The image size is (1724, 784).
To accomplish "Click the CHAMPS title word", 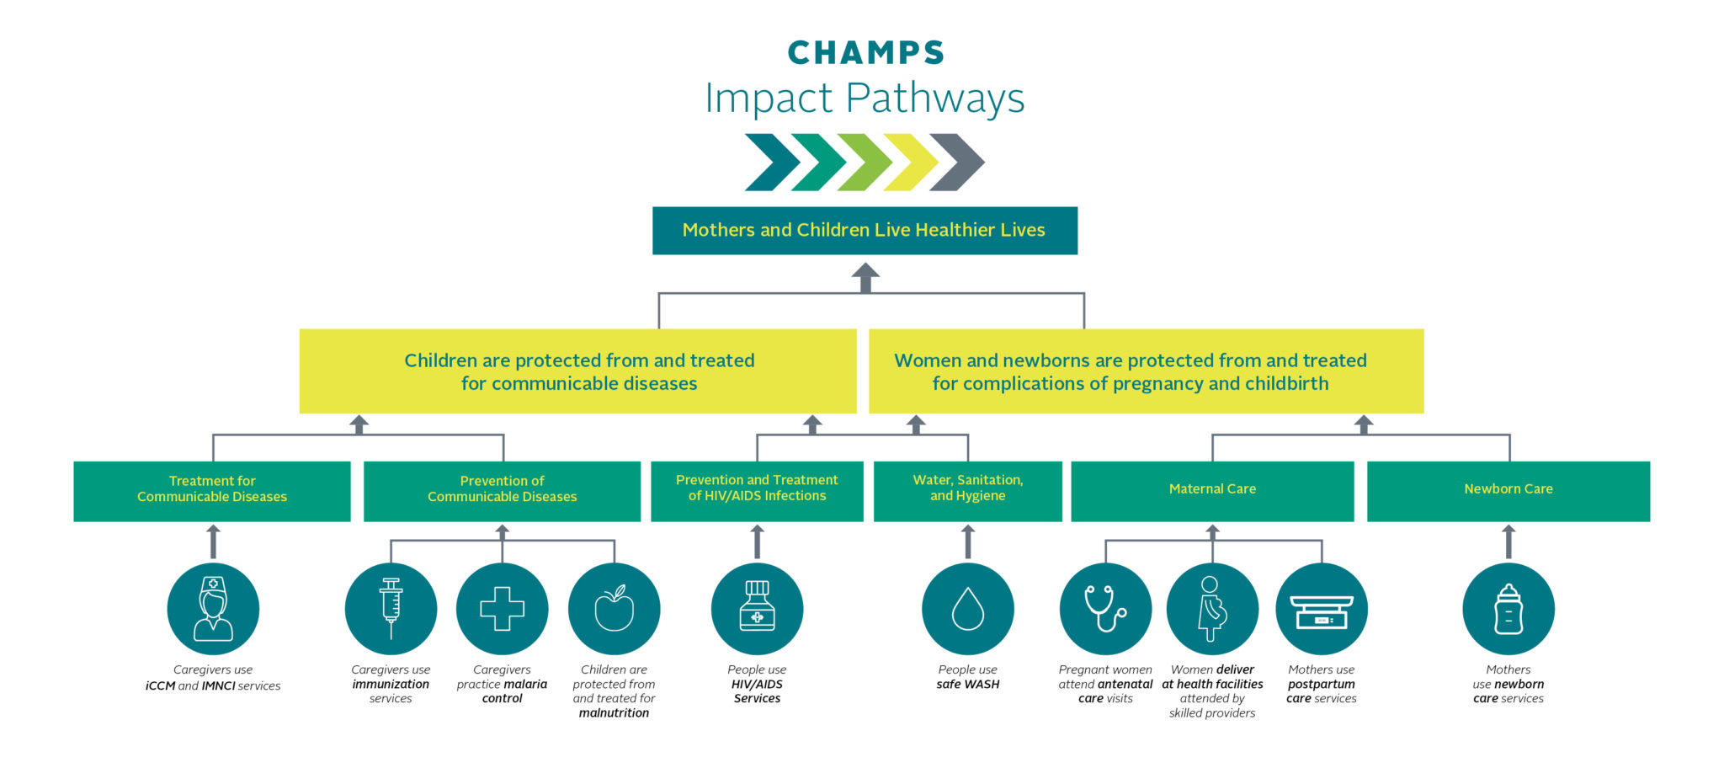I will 865,53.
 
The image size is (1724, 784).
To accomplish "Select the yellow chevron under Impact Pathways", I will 911,162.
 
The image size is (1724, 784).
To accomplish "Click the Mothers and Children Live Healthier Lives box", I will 865,231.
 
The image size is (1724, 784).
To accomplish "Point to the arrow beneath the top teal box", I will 865,277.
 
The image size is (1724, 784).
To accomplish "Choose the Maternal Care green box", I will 1212,490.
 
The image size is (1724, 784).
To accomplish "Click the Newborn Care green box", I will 1508,490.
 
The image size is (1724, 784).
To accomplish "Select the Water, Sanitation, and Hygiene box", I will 967,490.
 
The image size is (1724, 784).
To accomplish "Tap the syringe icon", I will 391,609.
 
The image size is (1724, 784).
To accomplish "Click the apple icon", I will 614,609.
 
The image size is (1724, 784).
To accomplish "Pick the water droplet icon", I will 967,609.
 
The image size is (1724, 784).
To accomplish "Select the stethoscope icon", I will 1104,609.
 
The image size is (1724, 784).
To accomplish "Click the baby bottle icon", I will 1508,609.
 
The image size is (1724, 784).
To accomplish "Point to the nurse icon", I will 213,609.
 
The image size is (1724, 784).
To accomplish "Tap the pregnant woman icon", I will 1212,609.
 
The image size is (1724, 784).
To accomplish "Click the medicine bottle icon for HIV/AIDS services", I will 757,609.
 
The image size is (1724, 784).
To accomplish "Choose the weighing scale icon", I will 1321,609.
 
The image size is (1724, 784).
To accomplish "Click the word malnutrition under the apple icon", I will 614,713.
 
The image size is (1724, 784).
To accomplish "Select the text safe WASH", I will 967,685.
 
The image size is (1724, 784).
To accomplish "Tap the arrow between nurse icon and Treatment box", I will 213,541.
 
